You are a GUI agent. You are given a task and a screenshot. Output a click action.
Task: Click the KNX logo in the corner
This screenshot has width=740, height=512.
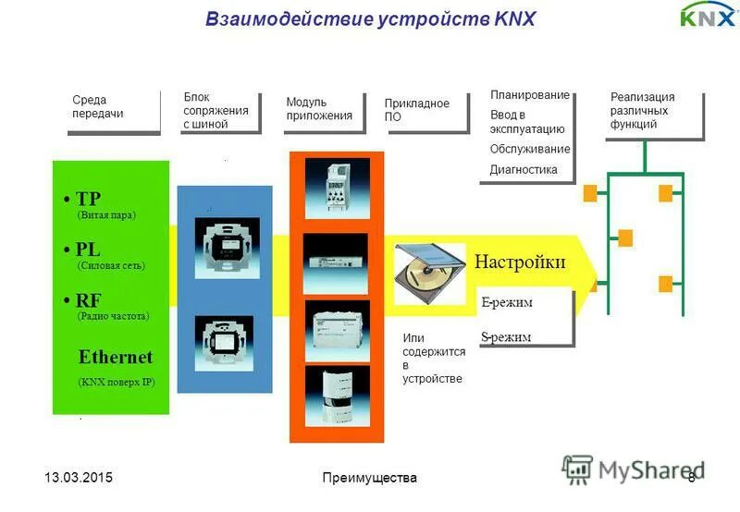[x=708, y=16]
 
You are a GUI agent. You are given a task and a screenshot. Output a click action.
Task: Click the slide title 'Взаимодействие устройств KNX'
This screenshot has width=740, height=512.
[x=371, y=18]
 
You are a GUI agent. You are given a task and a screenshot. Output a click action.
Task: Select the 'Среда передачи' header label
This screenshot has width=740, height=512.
[x=98, y=106]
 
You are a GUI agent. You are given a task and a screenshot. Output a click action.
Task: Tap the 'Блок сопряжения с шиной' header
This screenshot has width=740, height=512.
[x=216, y=110]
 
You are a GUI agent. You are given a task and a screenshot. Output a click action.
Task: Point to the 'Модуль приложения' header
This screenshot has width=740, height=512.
[x=319, y=108]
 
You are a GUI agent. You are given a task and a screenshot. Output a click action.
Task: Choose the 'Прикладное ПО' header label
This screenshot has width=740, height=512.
[x=417, y=110]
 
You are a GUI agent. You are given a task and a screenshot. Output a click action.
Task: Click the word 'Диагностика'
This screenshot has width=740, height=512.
[x=524, y=169]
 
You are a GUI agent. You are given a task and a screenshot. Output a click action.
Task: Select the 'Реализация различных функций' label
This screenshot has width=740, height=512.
[x=643, y=110]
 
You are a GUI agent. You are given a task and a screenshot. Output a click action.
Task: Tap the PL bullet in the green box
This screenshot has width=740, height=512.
[x=84, y=250]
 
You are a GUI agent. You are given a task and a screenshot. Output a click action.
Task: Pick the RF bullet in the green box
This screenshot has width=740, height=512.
[x=84, y=300]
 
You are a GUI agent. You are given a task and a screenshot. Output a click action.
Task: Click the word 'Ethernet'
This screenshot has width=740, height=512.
[x=116, y=357]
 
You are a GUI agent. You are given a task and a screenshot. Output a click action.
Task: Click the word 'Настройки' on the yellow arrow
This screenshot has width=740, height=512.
[x=520, y=262]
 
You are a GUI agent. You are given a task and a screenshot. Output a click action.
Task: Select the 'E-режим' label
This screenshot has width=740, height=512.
[x=507, y=302]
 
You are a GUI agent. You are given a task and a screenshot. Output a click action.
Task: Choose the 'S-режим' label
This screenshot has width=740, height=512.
[x=506, y=336]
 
